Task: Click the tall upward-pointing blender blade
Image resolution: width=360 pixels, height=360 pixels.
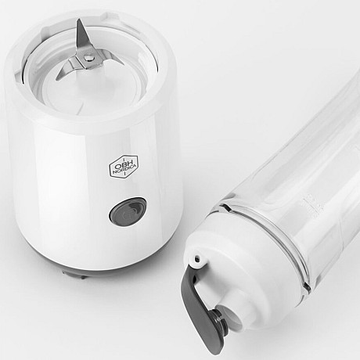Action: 81,37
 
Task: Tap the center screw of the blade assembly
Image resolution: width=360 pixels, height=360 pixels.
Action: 89,57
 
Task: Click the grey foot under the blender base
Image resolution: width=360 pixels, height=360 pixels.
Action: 74,274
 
